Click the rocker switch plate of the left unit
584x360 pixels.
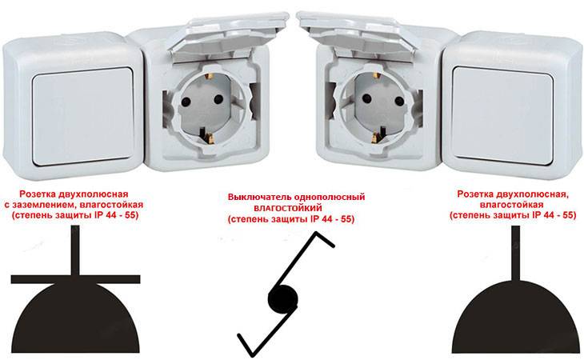83,116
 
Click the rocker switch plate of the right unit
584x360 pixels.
503,116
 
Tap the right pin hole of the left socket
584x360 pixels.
218,99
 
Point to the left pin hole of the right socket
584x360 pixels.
367,98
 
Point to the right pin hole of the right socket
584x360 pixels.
400,101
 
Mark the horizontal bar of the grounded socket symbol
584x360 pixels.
76,279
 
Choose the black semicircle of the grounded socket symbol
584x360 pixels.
76,318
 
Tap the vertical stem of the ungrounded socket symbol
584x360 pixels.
515,254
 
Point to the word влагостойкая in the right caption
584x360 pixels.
511,205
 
